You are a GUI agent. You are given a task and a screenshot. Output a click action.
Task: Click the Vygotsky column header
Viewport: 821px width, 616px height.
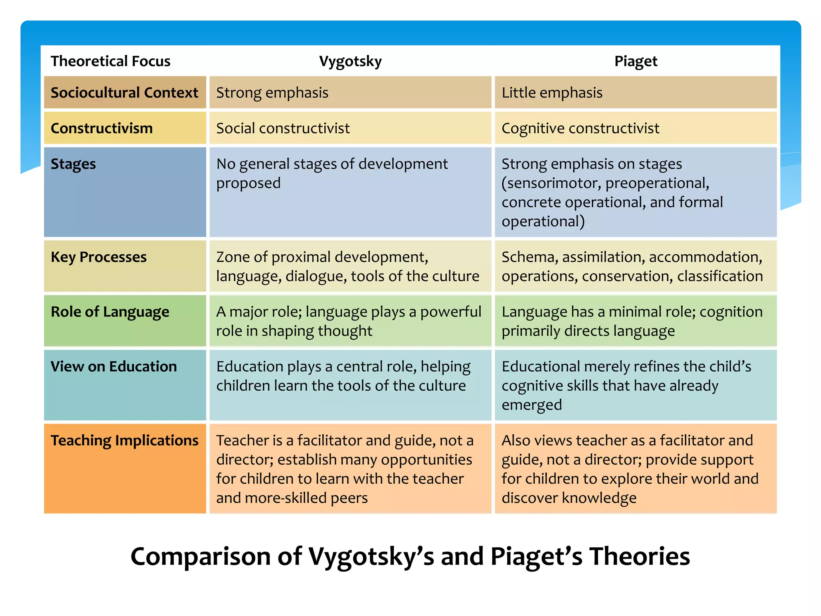point(350,61)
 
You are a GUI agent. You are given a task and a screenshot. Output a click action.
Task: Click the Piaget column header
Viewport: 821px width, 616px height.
point(635,61)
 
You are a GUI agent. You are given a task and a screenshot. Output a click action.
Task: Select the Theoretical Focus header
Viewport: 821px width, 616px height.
point(110,61)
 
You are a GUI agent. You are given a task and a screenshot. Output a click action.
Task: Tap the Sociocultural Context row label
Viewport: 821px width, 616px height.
point(124,93)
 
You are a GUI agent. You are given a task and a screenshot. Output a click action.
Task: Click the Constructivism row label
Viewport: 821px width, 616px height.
point(101,128)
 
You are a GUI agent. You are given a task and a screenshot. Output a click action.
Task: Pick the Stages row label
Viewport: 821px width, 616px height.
point(73,164)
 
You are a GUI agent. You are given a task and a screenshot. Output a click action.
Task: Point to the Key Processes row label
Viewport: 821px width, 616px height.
point(99,257)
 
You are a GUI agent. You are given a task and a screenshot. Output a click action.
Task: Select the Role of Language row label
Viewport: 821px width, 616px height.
point(110,312)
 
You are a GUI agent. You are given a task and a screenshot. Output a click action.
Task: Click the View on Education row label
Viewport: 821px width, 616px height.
point(113,367)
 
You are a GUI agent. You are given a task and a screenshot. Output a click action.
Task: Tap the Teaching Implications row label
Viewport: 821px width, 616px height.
point(124,440)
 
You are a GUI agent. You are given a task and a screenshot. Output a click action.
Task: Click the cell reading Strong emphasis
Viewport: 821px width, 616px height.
point(272,93)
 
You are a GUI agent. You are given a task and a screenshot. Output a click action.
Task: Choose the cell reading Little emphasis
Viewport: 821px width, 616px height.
point(552,93)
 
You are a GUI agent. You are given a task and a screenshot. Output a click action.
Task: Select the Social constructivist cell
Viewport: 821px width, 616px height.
point(283,128)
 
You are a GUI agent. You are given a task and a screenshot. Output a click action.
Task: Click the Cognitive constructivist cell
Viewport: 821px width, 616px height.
point(580,128)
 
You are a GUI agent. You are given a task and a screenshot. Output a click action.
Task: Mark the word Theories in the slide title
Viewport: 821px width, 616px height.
point(639,557)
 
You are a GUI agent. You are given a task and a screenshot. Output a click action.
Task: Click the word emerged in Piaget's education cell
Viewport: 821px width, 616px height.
point(532,405)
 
